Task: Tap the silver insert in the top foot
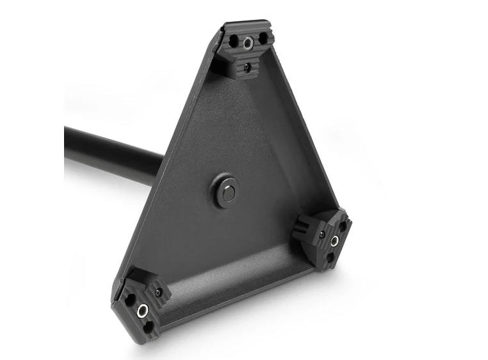(x=248, y=44)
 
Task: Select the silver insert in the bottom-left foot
(x=143, y=311)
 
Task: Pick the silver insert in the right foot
(x=334, y=241)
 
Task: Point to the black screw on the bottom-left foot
(x=158, y=293)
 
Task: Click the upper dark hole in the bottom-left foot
(x=131, y=299)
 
